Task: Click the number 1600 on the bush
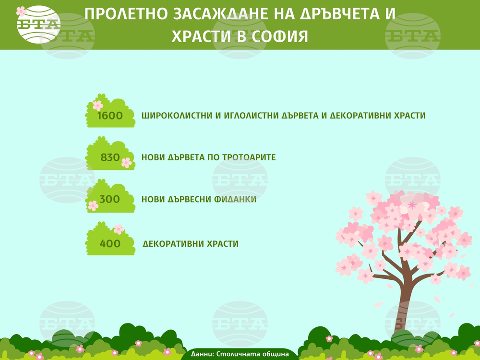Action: pos(110,116)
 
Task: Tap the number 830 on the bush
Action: pos(110,157)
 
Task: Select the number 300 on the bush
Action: pos(109,199)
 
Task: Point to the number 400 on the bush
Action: pos(110,244)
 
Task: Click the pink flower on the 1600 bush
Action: pos(98,105)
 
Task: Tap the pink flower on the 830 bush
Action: pos(126,163)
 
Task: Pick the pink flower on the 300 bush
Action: pos(93,205)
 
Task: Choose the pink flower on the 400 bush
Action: pos(119,229)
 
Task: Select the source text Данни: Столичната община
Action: pos(240,354)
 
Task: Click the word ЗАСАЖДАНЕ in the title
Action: pos(221,14)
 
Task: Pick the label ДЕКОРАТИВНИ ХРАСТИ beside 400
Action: pos(191,244)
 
